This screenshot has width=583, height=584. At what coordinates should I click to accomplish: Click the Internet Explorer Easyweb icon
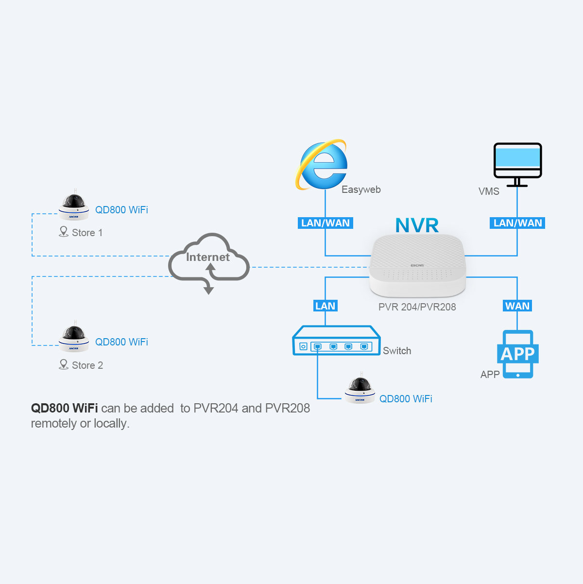point(322,165)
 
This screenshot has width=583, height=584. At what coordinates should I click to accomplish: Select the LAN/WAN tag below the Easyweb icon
point(325,223)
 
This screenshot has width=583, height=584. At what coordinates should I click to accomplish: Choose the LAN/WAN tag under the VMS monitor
point(517,223)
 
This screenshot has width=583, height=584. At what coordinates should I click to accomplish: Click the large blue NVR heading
point(417,225)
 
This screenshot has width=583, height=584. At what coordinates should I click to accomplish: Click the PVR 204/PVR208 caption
point(417,307)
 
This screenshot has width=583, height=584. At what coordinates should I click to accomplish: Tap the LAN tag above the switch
point(325,306)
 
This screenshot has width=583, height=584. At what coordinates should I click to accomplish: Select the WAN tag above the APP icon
point(517,306)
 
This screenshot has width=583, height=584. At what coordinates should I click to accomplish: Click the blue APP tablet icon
point(517,354)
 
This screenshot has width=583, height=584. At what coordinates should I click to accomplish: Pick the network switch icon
point(336,341)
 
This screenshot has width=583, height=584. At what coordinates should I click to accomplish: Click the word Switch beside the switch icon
point(396,351)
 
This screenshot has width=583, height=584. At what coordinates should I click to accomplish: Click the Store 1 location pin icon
point(64,232)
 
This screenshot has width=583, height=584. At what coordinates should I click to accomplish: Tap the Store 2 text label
point(87,365)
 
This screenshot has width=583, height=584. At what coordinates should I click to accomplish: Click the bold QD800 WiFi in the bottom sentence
point(64,408)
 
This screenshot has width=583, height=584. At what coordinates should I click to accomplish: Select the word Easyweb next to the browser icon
point(361,189)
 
